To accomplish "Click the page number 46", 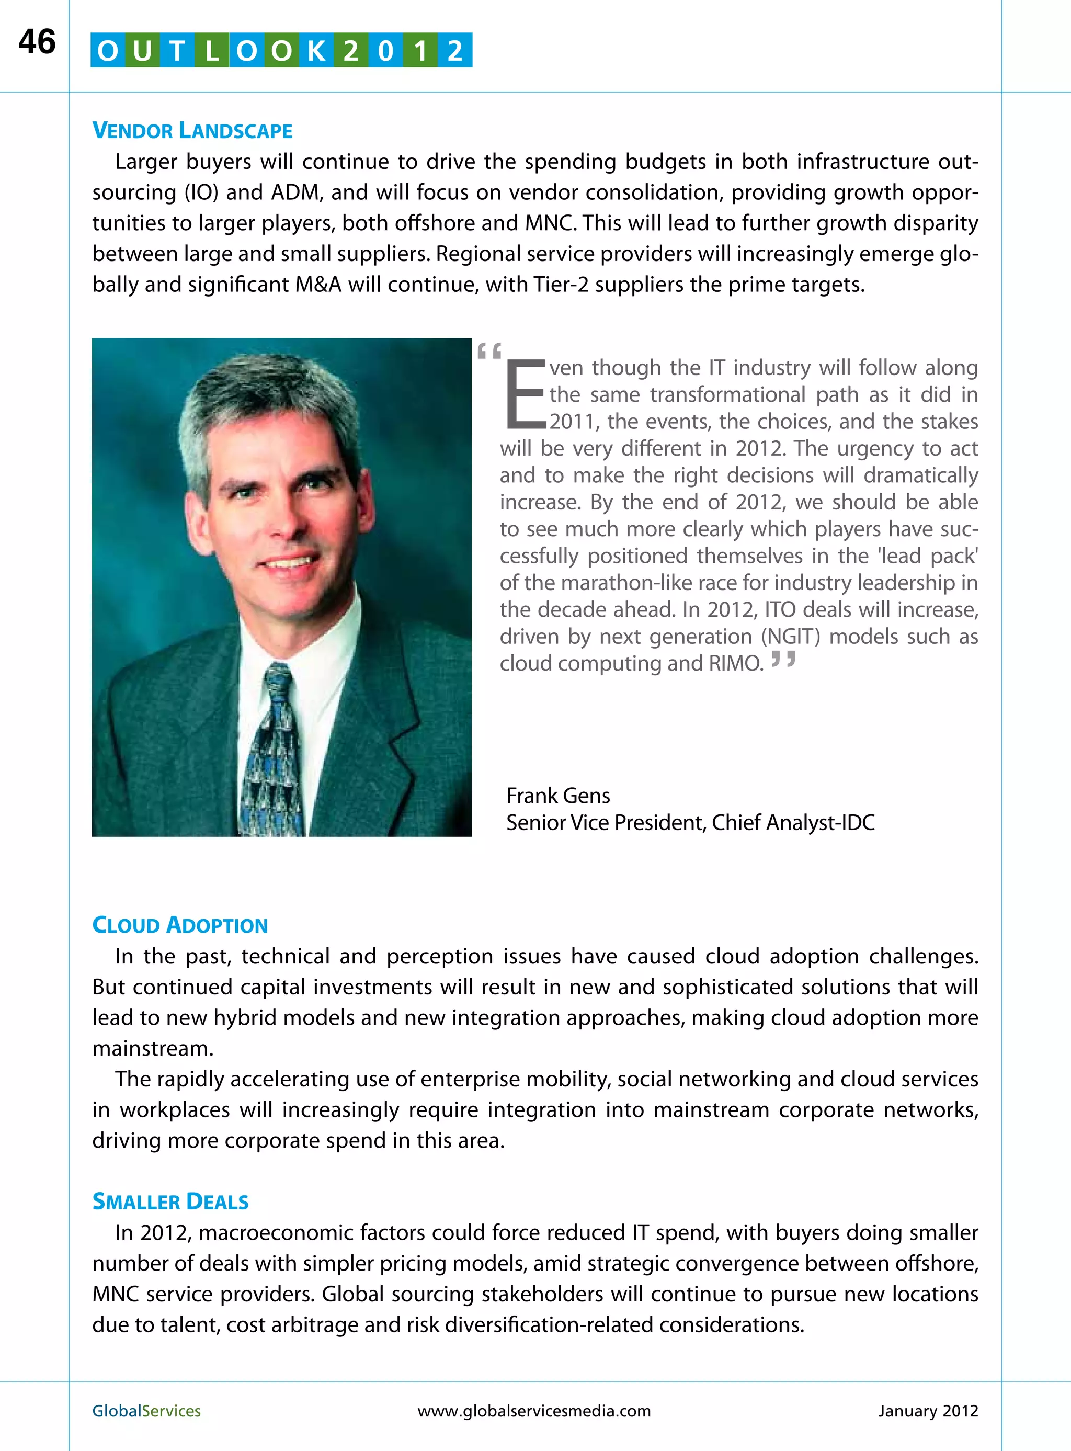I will (37, 42).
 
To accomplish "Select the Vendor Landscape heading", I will (192, 130).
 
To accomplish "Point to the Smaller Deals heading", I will (170, 1201).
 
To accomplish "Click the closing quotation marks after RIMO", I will (783, 661).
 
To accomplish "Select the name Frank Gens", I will (557, 795).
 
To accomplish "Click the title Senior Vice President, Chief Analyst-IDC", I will (690, 822).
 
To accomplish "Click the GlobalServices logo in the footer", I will (146, 1411).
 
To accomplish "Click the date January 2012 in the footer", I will (928, 1411).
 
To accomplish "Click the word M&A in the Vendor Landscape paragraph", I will (317, 284).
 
